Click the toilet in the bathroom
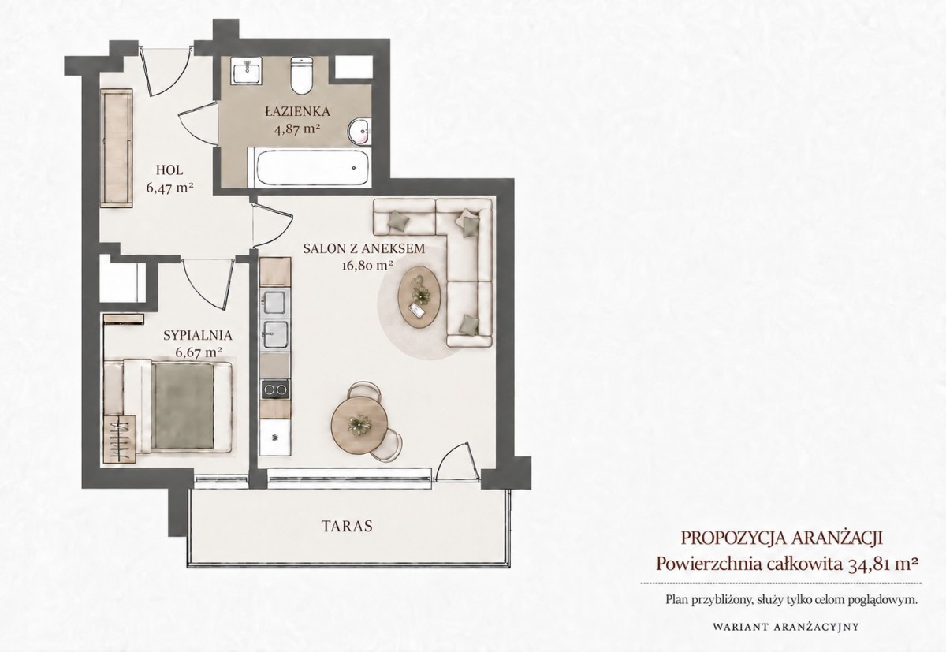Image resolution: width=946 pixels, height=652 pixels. [301, 75]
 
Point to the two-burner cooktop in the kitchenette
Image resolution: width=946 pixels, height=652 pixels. [275, 389]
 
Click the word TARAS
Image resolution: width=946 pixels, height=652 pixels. [347, 526]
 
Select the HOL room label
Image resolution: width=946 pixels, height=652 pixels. [169, 170]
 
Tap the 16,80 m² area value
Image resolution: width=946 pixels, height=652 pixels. [367, 266]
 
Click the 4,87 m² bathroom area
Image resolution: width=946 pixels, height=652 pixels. [296, 129]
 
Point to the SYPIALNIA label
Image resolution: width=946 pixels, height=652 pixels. [198, 335]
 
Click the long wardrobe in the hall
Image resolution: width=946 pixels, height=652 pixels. [116, 147]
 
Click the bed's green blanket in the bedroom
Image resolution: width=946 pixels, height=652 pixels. [184, 406]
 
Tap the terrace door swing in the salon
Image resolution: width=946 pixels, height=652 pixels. [454, 461]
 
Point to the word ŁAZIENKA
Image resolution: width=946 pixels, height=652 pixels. [297, 112]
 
